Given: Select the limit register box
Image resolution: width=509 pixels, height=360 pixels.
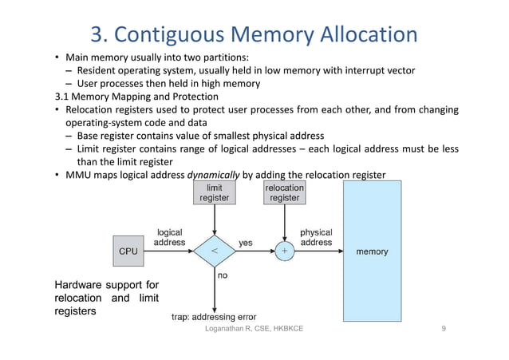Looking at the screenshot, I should (x=214, y=192).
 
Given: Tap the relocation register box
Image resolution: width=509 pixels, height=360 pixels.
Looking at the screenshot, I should (x=284, y=192).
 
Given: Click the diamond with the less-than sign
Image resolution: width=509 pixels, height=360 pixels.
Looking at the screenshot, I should (x=214, y=251).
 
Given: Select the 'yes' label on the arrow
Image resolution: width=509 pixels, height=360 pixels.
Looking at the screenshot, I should (x=247, y=242).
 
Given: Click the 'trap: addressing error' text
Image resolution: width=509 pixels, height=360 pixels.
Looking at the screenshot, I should (x=213, y=315).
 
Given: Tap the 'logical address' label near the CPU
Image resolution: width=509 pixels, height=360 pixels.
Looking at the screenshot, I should (x=170, y=236).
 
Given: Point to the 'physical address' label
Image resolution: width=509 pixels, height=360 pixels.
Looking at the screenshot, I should (x=316, y=236).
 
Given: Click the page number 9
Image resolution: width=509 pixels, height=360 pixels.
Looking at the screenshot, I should (x=444, y=329).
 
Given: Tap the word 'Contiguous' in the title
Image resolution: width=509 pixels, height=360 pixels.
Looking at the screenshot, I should (x=178, y=34).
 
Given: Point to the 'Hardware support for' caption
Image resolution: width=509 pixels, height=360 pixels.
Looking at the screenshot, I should (x=106, y=285).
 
